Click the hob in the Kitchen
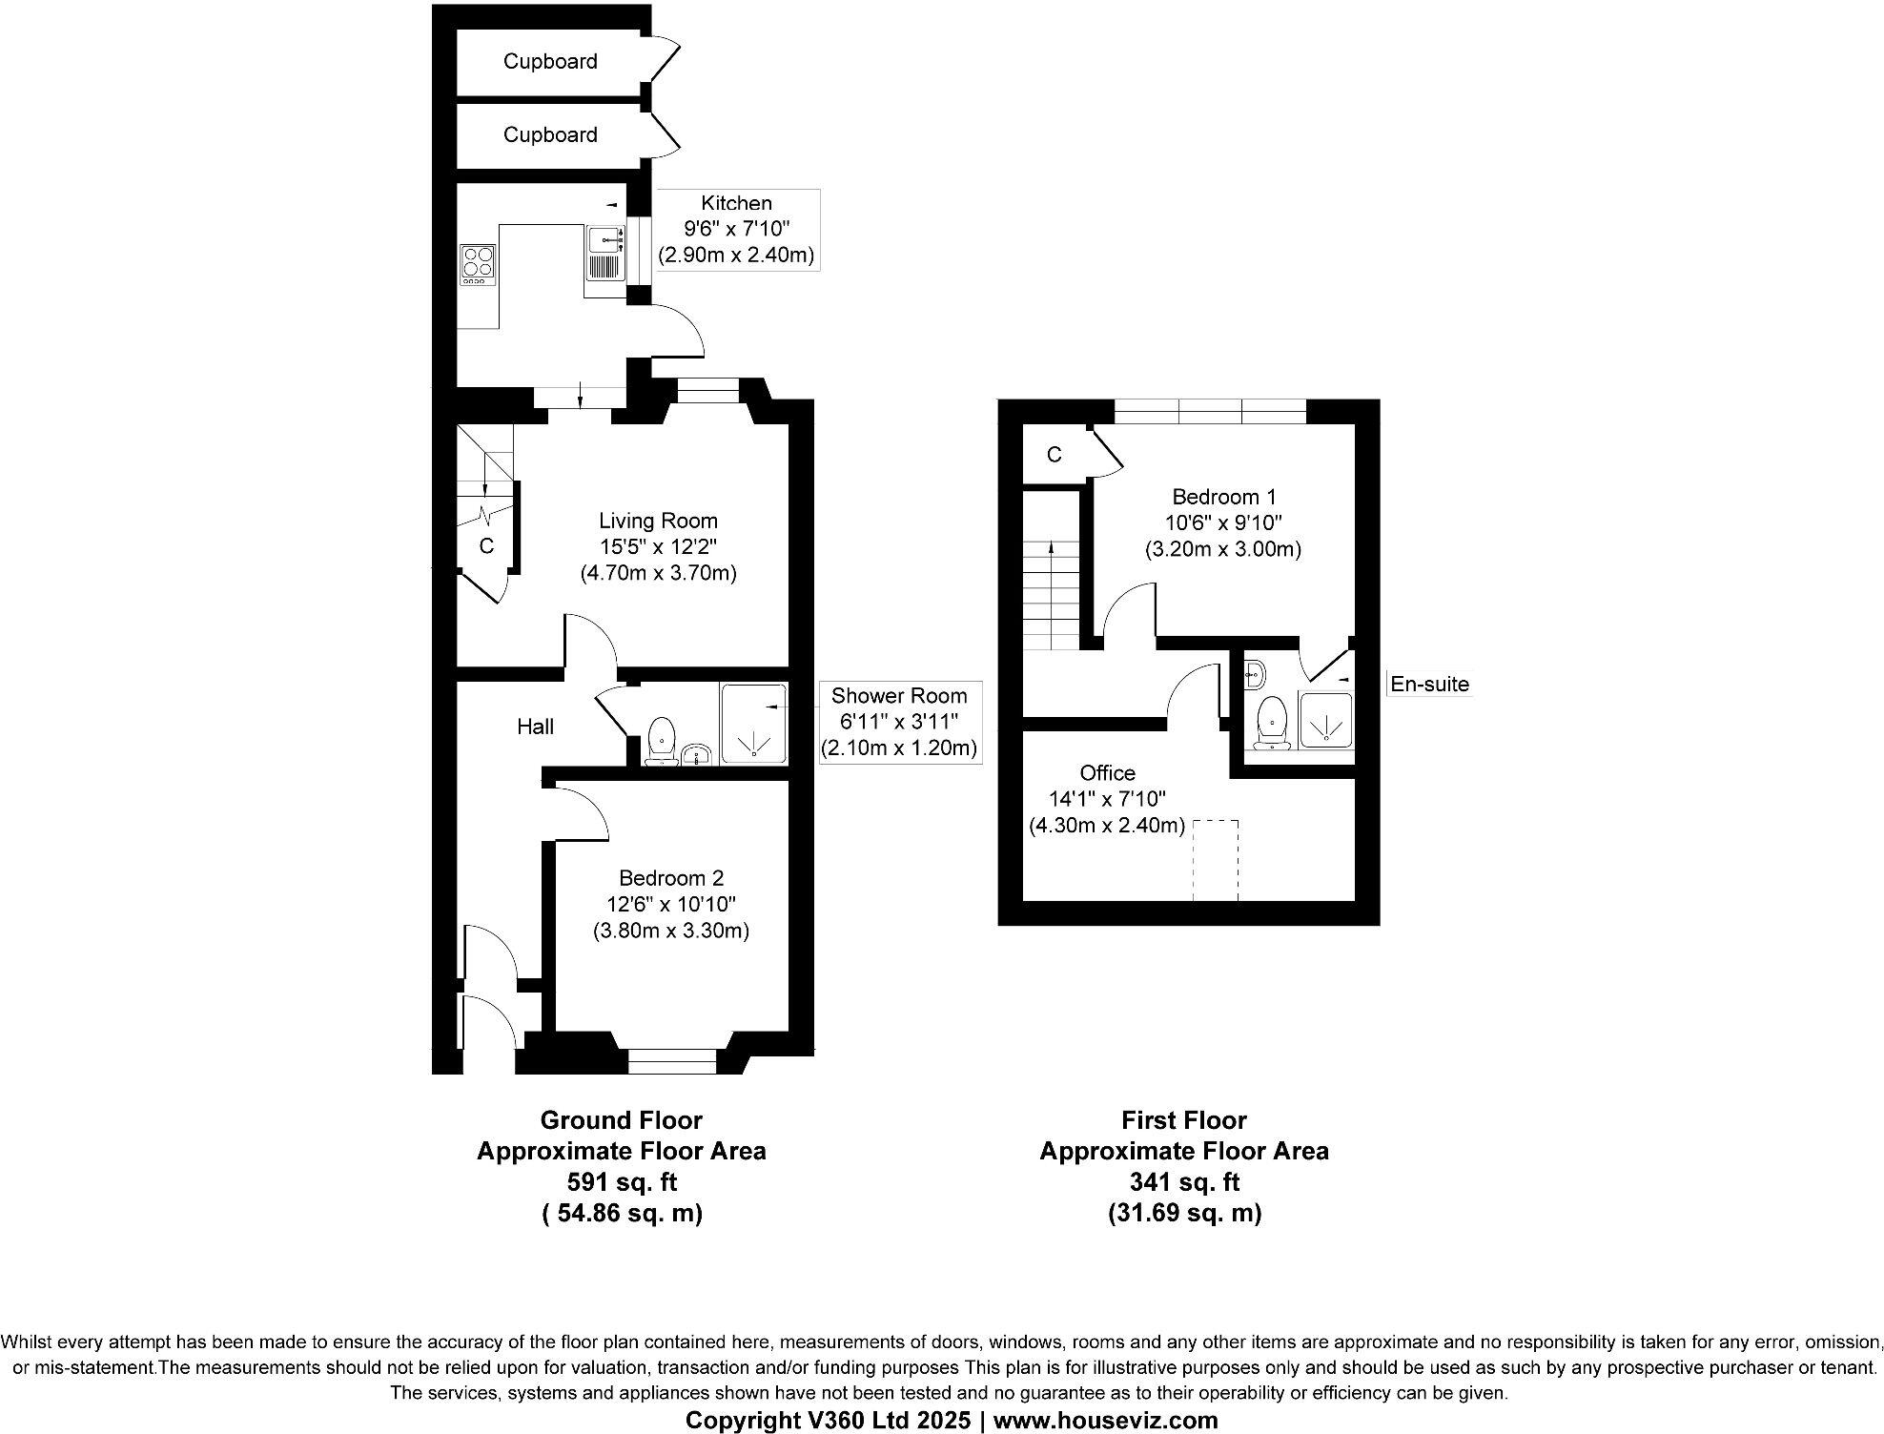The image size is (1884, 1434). coord(478,264)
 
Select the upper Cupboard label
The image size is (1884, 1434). coord(550,62)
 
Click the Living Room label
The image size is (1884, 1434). coord(658,521)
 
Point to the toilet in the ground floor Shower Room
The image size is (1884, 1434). coord(661,741)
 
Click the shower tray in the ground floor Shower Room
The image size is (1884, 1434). coord(753,723)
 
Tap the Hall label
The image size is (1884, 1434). coord(535,727)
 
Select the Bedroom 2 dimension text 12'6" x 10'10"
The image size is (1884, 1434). coord(671,904)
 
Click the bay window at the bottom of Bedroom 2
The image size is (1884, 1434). coord(672,1059)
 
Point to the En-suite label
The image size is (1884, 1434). coord(1428,684)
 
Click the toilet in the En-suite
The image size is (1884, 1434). coord(1273,722)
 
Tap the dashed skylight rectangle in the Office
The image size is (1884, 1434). coord(1216,859)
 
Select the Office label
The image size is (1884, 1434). coord(1107,772)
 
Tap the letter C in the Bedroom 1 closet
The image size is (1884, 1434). coord(1054,455)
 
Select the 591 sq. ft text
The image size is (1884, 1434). coord(622,1181)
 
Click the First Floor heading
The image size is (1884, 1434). coord(1183,1119)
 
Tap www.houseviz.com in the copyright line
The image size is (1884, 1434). coord(1105,1420)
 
